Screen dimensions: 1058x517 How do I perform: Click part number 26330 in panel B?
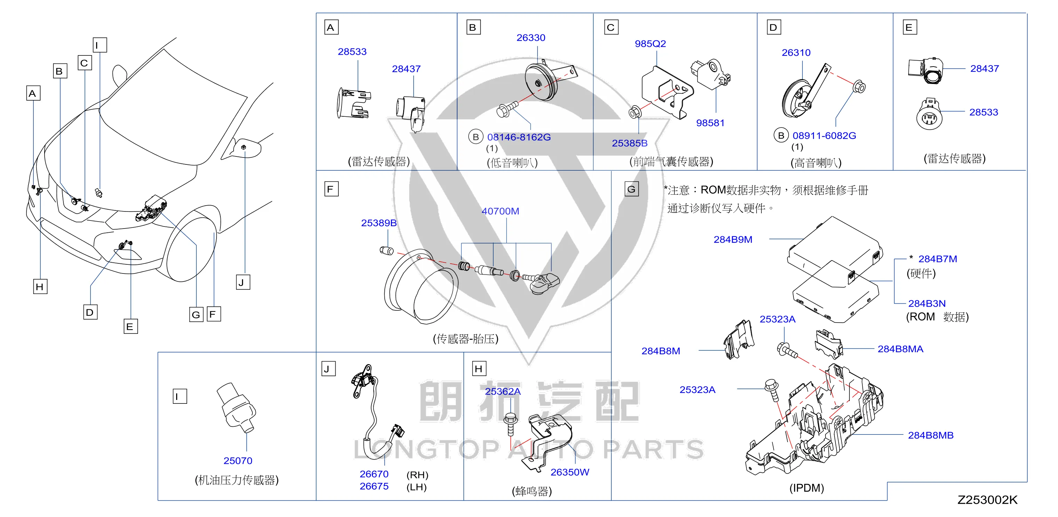[531, 38]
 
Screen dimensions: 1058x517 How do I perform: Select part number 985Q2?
[650, 44]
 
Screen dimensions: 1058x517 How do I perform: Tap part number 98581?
[710, 123]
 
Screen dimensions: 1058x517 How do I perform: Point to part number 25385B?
[630, 143]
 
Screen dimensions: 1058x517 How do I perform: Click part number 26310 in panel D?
[796, 53]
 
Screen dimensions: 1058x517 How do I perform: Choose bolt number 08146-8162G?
[519, 137]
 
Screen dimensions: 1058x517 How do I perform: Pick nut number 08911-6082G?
[824, 136]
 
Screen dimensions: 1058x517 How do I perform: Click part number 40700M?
[500, 211]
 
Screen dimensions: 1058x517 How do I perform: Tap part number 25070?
[238, 461]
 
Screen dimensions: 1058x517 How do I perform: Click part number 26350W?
[570, 472]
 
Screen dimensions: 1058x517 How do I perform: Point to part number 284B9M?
[733, 240]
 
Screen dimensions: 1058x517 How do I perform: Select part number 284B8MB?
[931, 435]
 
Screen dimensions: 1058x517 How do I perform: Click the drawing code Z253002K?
[987, 500]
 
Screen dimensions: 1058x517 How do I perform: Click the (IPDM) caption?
[807, 488]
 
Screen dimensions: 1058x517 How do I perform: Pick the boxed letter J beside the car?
[243, 282]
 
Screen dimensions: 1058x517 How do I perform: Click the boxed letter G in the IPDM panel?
[631, 189]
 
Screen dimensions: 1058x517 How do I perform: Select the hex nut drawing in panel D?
[859, 87]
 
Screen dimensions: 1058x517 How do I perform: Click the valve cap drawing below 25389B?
[386, 250]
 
